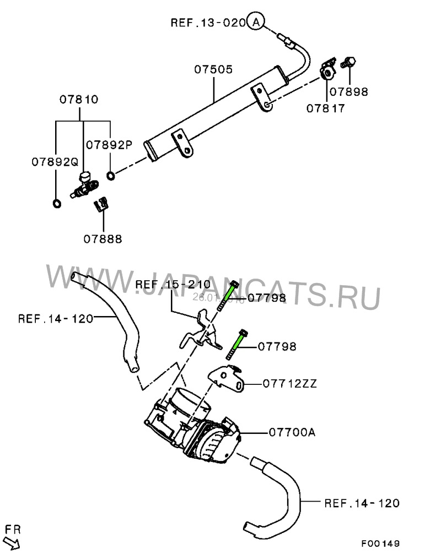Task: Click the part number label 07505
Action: point(213,70)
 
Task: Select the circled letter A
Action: point(256,22)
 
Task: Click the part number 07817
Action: point(326,108)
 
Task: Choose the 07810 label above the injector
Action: point(79,100)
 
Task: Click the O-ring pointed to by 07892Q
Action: point(56,204)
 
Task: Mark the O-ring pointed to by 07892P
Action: point(111,176)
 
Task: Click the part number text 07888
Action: point(103,239)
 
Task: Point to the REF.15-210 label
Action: point(173,285)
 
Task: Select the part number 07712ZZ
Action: point(290,383)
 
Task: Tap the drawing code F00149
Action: point(380,542)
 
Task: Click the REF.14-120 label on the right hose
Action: point(362,503)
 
